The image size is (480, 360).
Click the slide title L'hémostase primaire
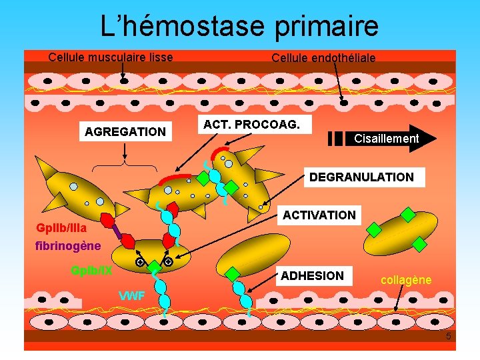coord(239,26)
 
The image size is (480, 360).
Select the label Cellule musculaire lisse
coord(111,57)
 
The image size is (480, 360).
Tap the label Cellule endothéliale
coord(323,58)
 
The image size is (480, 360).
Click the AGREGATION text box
coord(125,132)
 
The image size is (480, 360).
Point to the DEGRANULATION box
coord(361,177)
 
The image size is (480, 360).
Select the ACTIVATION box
coord(319,215)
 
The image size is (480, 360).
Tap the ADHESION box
coord(313,275)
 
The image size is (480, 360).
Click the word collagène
coord(406,281)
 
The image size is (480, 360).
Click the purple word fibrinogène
coord(68,246)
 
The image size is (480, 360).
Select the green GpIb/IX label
coord(91,271)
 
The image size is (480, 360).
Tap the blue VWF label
coord(131,296)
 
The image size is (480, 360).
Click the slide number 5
coord(449,337)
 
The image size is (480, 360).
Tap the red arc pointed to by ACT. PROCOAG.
coord(174,178)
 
